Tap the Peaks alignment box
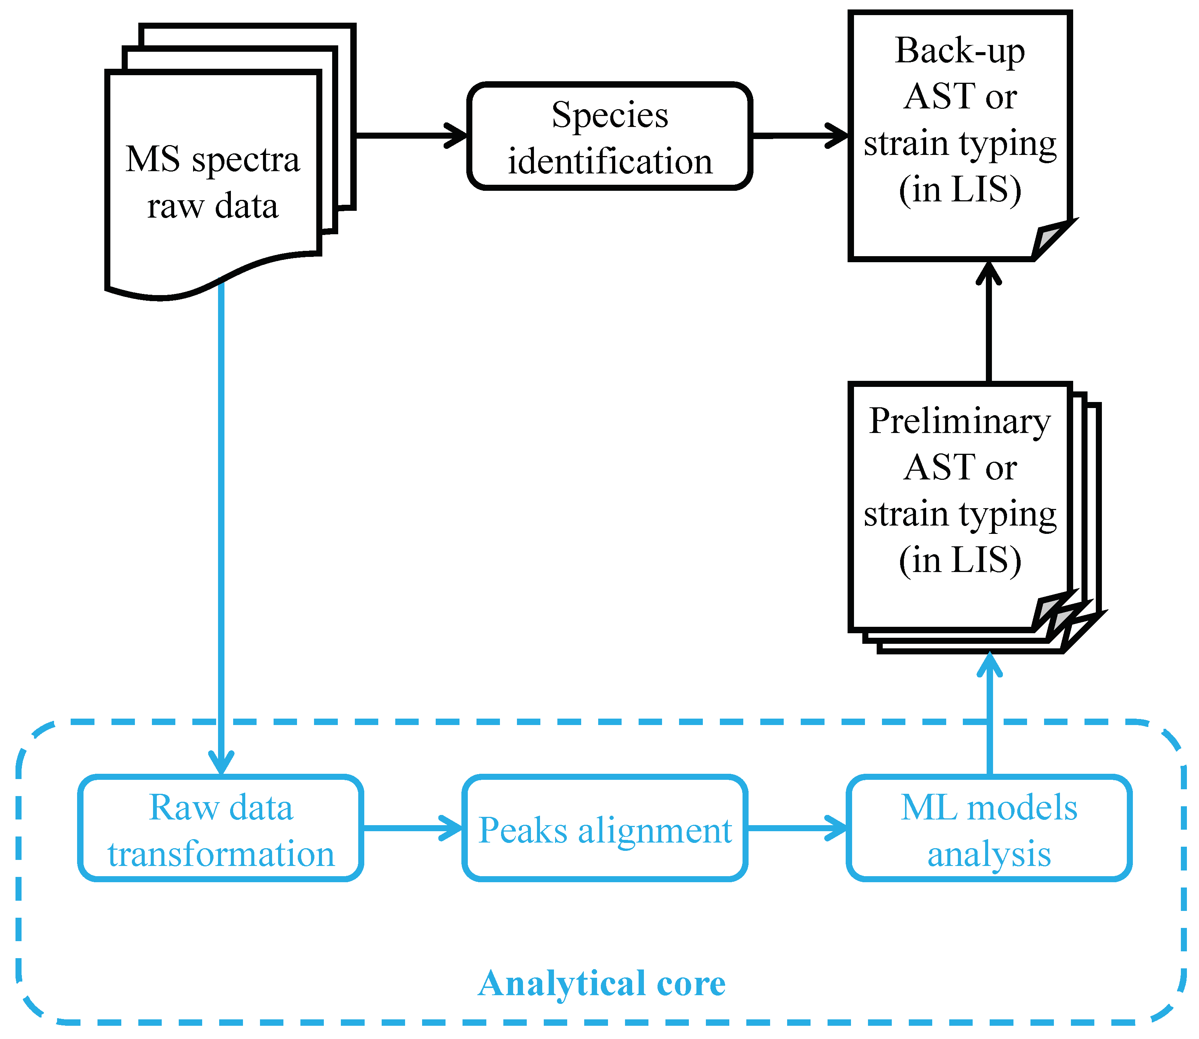pos(605,828)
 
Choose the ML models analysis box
pos(989,828)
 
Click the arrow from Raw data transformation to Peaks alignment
pos(413,828)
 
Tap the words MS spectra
pos(213,159)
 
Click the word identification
pos(610,161)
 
